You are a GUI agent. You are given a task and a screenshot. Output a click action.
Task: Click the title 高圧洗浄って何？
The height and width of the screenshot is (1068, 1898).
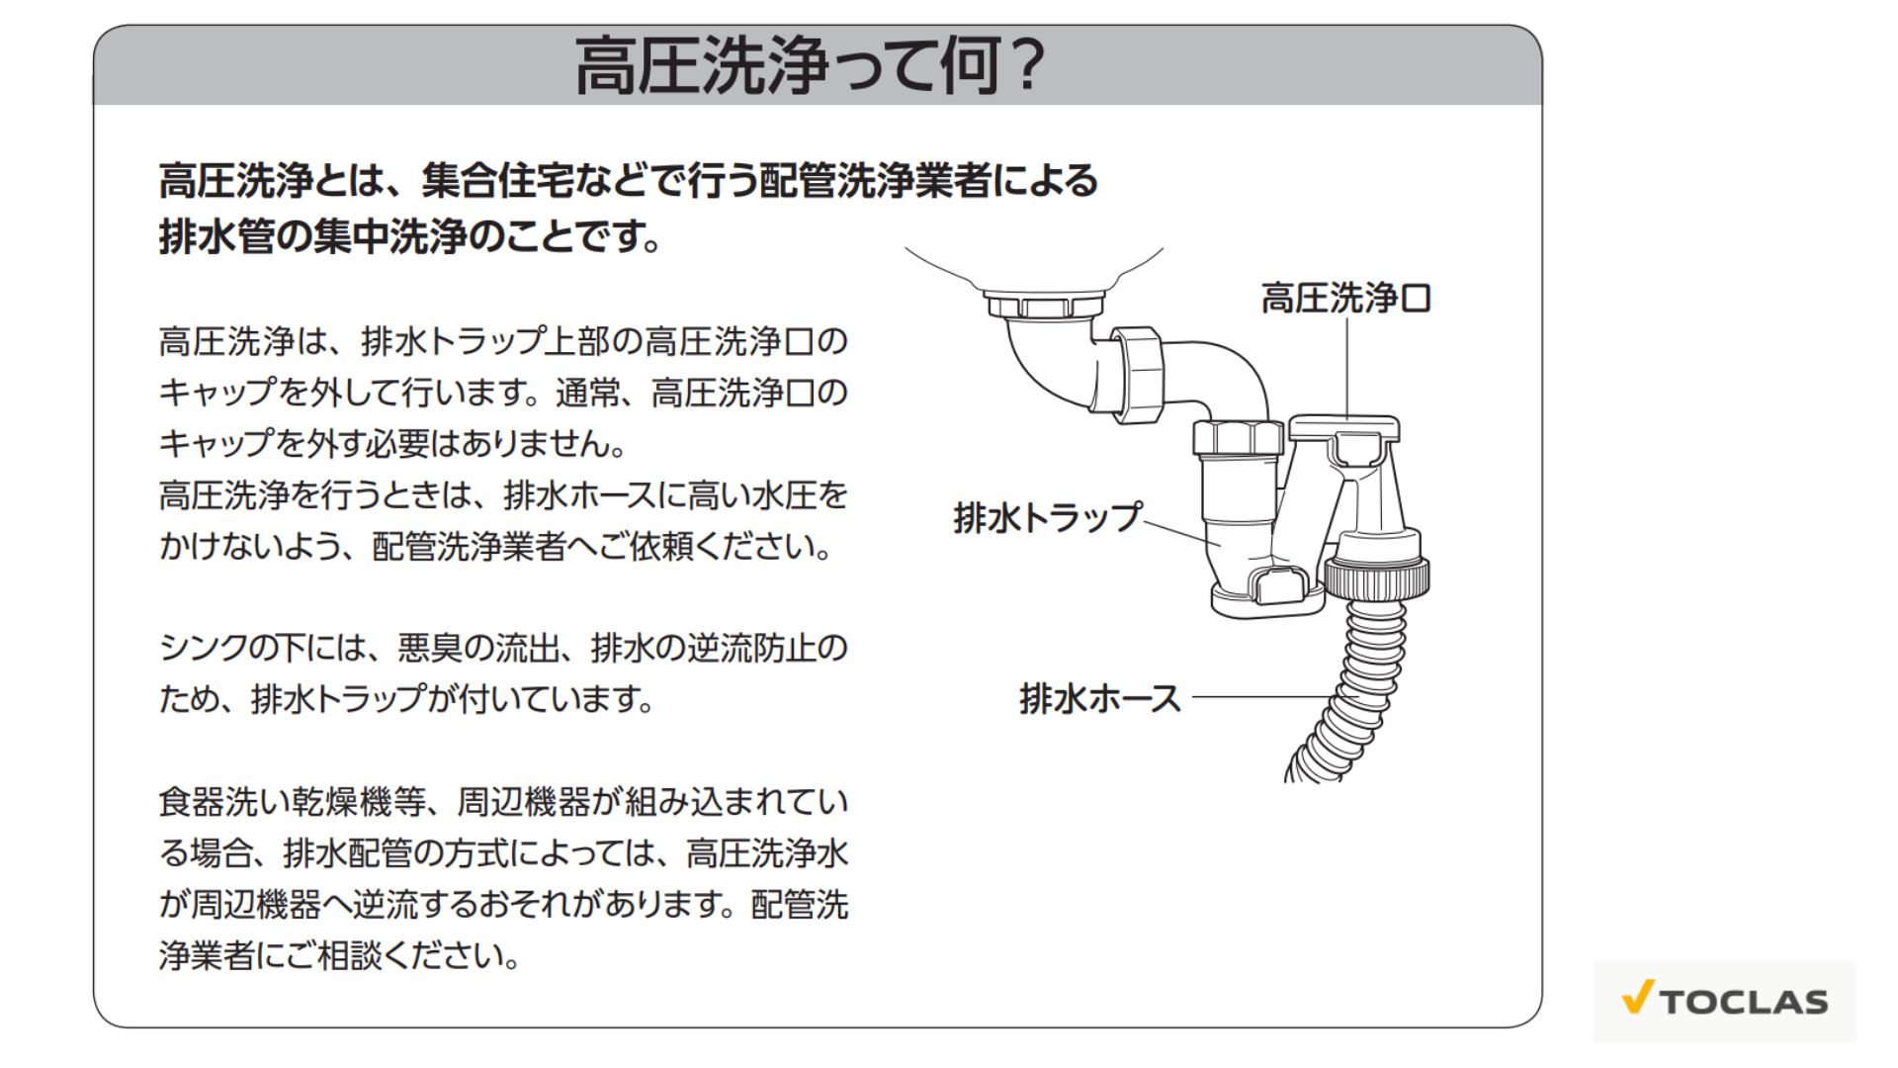click(x=810, y=65)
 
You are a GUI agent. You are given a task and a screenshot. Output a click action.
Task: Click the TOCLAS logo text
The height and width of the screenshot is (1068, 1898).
click(x=1744, y=1002)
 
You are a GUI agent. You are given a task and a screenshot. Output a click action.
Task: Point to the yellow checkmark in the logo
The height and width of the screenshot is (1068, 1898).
click(x=1638, y=997)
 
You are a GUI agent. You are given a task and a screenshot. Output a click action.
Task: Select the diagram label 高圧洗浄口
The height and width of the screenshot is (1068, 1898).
click(x=1346, y=298)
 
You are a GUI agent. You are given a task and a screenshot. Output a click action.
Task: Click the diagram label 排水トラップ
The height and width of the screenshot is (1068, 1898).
click(x=1047, y=517)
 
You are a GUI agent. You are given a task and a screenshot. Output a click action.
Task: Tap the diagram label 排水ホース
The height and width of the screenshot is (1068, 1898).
click(x=1100, y=698)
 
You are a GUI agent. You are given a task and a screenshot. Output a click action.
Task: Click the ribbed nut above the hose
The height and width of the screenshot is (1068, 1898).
click(x=1376, y=578)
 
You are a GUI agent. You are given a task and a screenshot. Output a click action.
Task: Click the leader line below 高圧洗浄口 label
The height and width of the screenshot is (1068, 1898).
click(x=1346, y=368)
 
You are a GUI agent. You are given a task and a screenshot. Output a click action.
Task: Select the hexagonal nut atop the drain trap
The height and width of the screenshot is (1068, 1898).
click(x=1237, y=436)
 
